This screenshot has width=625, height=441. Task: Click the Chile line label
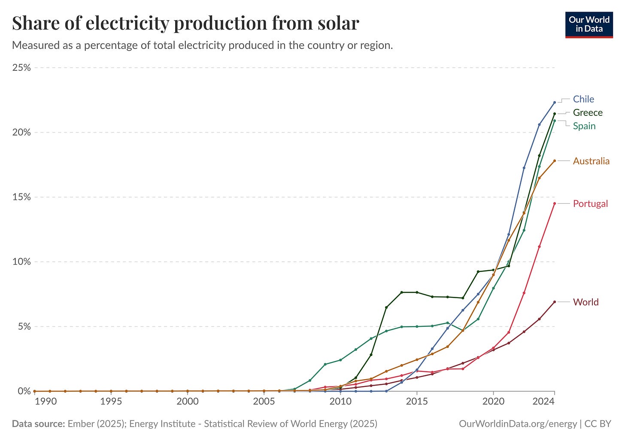(583, 99)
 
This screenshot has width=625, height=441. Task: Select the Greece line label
(588, 113)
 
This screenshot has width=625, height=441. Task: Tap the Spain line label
(584, 126)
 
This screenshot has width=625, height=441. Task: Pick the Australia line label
(591, 161)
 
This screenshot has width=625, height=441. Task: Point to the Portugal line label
(590, 204)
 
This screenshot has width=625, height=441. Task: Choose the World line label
(586, 302)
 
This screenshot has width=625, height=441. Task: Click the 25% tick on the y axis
(21, 68)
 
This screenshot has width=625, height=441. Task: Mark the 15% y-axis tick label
(21, 197)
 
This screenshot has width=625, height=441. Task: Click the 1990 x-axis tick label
(46, 402)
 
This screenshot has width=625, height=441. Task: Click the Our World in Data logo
(589, 25)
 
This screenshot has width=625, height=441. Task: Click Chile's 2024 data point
(555, 103)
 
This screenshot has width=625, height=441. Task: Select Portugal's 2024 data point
(555, 203)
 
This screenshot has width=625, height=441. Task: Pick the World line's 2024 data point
(555, 302)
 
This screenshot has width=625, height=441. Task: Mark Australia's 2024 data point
(555, 161)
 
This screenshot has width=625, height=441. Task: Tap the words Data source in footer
(38, 424)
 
